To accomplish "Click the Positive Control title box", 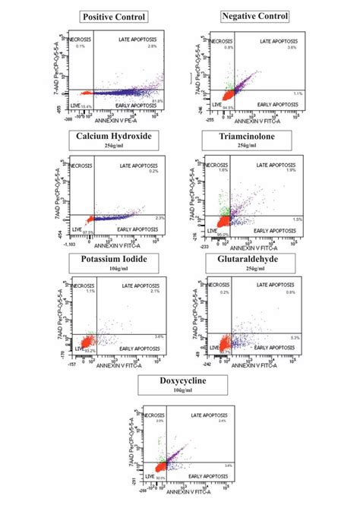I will click(114, 17).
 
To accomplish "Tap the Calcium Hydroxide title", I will click(115, 137).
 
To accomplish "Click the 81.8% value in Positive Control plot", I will click(158, 100).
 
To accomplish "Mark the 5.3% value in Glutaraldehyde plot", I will click(296, 337).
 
